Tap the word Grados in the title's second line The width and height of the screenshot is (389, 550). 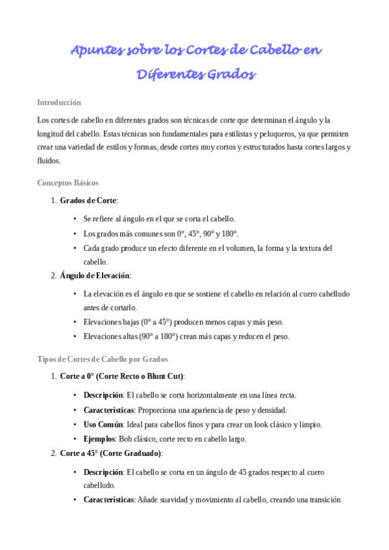click(230, 75)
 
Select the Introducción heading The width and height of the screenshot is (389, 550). click(59, 102)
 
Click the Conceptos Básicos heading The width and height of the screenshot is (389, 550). click(68, 183)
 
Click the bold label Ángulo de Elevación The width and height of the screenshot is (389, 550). click(95, 276)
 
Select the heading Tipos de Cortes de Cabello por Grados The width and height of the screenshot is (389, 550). click(103, 359)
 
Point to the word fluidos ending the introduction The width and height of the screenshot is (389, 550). click(49, 161)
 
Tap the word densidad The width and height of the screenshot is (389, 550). click(273, 410)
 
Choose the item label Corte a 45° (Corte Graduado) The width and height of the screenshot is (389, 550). click(111, 453)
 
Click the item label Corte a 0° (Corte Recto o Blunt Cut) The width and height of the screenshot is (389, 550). click(122, 376)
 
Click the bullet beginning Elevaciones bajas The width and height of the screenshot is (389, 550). click(184, 322)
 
